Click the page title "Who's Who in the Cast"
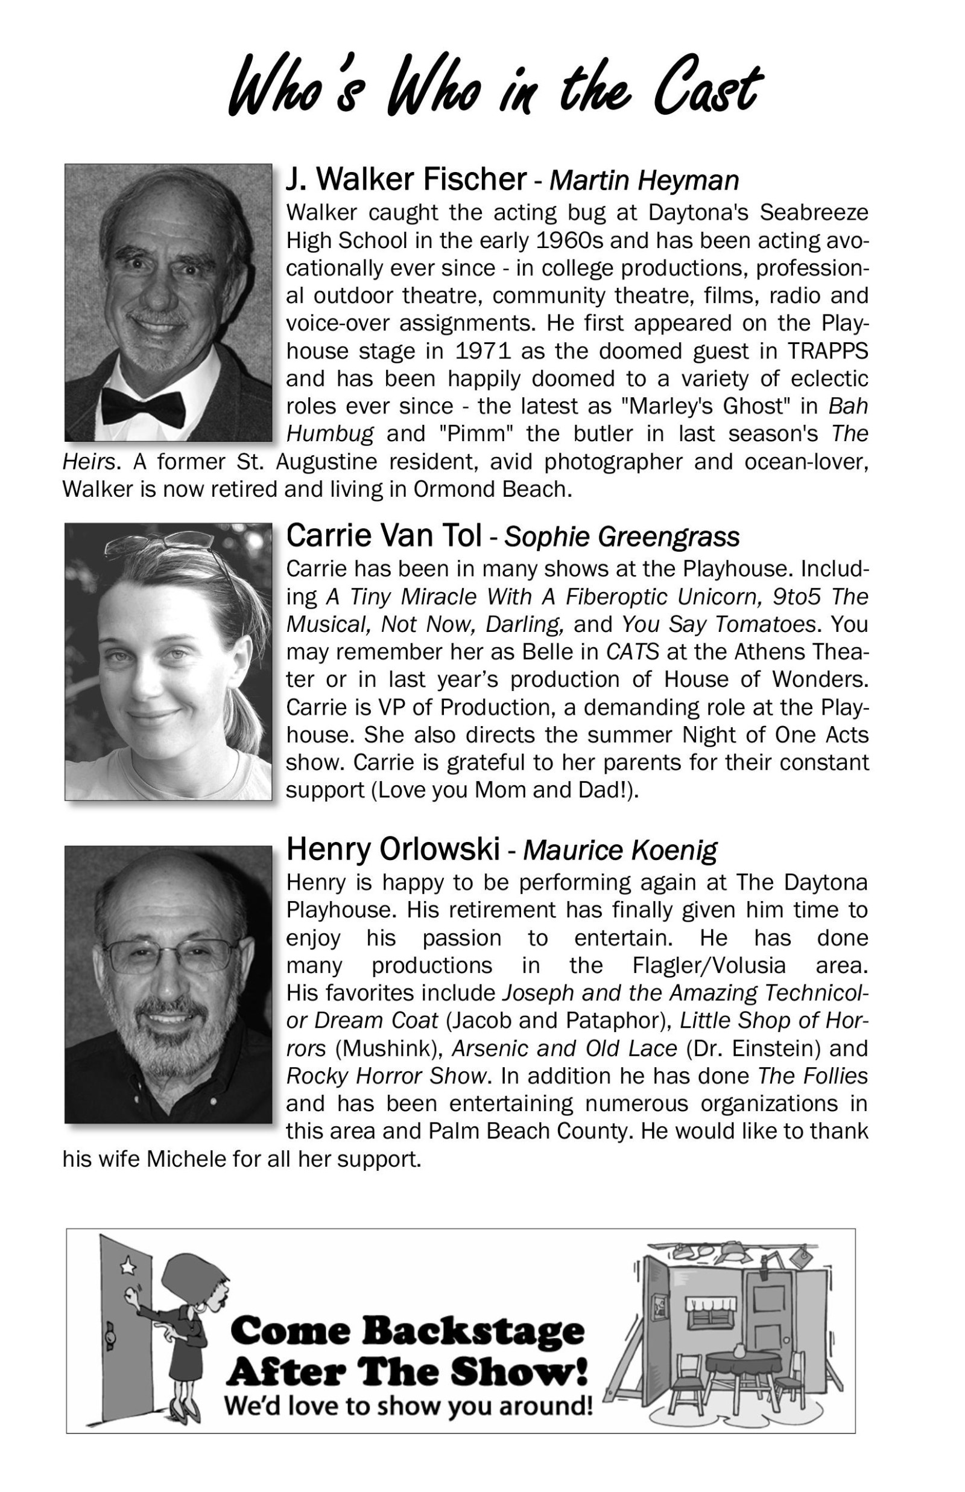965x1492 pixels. tap(495, 88)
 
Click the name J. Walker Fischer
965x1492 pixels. tap(406, 179)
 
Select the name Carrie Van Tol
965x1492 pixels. tap(384, 536)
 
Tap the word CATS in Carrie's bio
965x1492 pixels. tap(632, 652)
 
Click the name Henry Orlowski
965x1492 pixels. tap(393, 849)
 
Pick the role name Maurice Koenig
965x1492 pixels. tap(620, 850)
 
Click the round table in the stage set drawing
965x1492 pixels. tap(744, 1362)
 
